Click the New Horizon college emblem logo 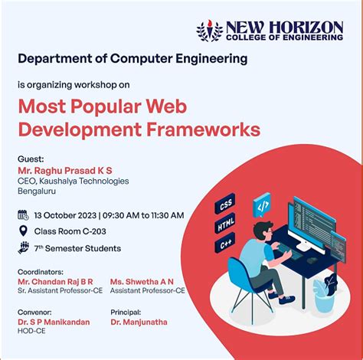209,31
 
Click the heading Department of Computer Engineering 132,58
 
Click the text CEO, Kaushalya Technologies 73,182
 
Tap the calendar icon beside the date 23,214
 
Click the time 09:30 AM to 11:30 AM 143,215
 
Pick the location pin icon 23,231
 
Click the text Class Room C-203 69,231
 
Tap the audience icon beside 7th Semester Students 23,247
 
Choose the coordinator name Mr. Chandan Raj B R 55,282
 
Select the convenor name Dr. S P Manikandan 54,322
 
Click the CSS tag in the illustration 226,207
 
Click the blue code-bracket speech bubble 262,205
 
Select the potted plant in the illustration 324,290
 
